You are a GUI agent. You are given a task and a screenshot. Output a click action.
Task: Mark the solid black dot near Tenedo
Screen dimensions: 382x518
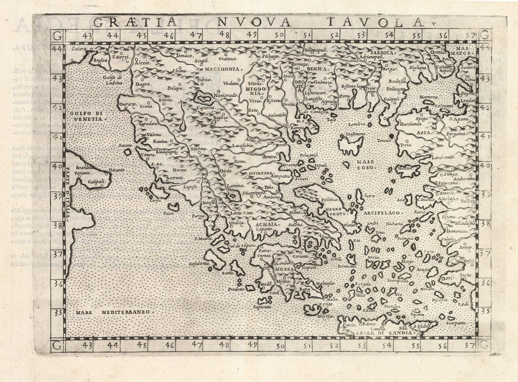391,136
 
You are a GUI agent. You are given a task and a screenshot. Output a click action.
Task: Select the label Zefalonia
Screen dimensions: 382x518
199,264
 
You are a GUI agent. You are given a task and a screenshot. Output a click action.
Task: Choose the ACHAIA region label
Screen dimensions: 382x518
261,224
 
